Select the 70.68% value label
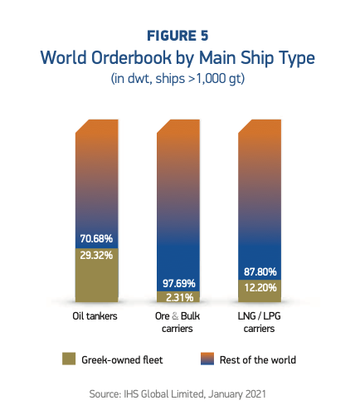click(96, 238)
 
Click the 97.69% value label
click(178, 281)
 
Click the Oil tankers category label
click(96, 316)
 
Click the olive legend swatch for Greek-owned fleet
click(70, 359)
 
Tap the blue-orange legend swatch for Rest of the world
click(207, 359)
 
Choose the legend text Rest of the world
click(257, 359)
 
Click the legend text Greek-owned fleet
click(122, 359)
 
